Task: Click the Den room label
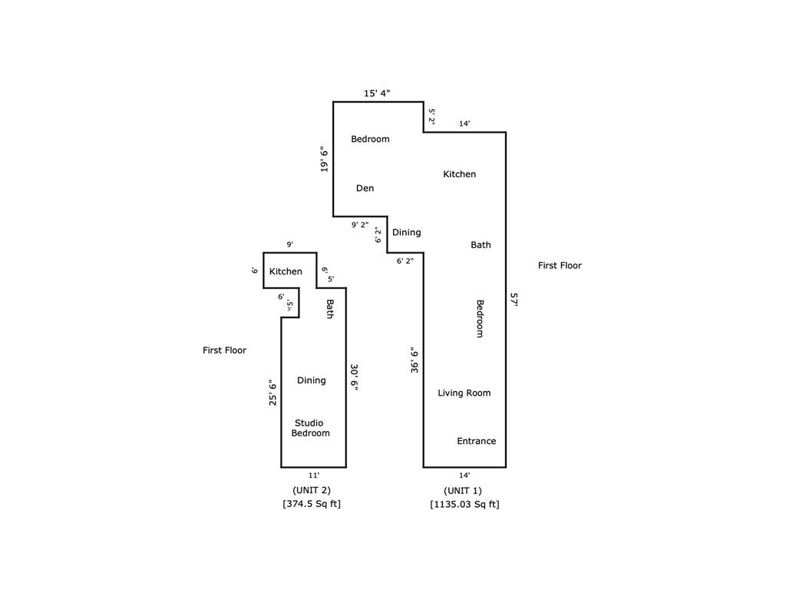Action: tap(365, 189)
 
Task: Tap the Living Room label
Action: tap(464, 393)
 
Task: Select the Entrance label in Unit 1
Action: tap(476, 441)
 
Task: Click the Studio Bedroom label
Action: tap(310, 428)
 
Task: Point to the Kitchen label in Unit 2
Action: tap(286, 271)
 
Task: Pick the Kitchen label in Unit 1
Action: tap(459, 174)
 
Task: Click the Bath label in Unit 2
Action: tap(330, 308)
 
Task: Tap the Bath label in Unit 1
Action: tap(481, 245)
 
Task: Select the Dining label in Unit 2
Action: tap(312, 380)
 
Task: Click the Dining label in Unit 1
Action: tap(407, 232)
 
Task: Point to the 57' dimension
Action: tap(514, 300)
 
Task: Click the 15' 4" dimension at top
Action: tap(377, 93)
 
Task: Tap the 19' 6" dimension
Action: tap(325, 160)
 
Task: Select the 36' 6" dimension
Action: tap(414, 360)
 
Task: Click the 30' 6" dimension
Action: tap(354, 377)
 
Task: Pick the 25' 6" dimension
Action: tap(272, 393)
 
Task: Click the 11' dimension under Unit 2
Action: tap(314, 475)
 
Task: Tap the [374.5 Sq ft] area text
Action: tap(312, 504)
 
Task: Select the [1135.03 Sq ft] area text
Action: tap(464, 505)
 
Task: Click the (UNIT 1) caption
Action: tap(463, 491)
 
